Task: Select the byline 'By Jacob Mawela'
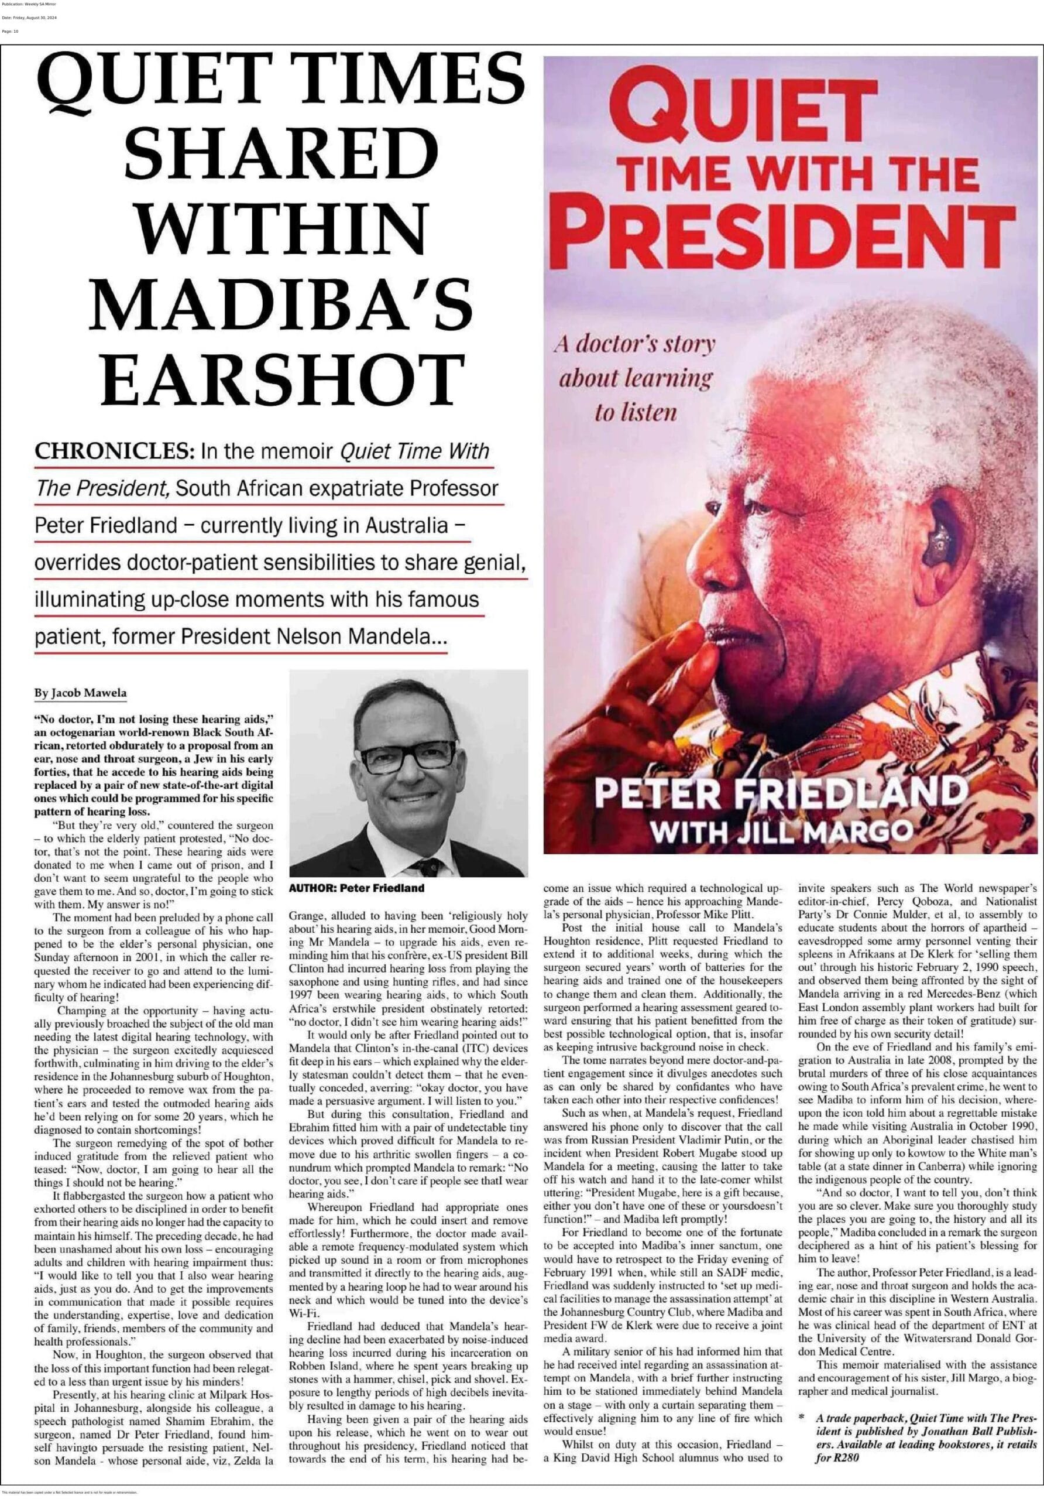[x=81, y=693]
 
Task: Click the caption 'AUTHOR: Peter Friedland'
[x=356, y=888]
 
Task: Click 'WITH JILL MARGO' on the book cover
[x=782, y=831]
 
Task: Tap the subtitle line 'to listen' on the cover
[x=635, y=413]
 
